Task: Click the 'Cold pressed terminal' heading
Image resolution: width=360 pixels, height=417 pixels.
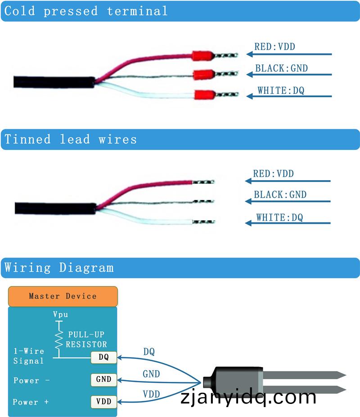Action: [86, 11]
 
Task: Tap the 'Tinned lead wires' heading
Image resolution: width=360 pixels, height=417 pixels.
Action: [71, 139]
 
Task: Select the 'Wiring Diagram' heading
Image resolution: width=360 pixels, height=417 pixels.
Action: [59, 267]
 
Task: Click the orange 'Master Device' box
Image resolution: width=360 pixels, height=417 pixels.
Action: [63, 296]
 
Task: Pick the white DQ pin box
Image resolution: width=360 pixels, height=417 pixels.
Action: [103, 358]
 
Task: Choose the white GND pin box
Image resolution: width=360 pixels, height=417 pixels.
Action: [103, 379]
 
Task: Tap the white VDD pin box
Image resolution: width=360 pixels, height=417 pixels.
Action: [103, 401]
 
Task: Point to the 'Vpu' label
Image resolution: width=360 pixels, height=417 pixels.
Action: [60, 314]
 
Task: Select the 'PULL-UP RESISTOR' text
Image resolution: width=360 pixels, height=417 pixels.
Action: [87, 340]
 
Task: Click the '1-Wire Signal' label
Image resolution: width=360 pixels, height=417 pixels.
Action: [28, 356]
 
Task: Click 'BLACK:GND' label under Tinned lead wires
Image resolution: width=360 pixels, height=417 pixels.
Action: [280, 195]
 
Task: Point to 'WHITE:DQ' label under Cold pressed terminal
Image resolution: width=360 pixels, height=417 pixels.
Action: [281, 91]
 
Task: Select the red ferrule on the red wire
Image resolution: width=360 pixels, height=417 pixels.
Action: [202, 56]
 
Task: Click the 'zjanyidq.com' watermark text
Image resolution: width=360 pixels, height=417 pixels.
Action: [248, 397]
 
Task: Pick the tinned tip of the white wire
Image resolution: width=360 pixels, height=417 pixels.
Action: [204, 222]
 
